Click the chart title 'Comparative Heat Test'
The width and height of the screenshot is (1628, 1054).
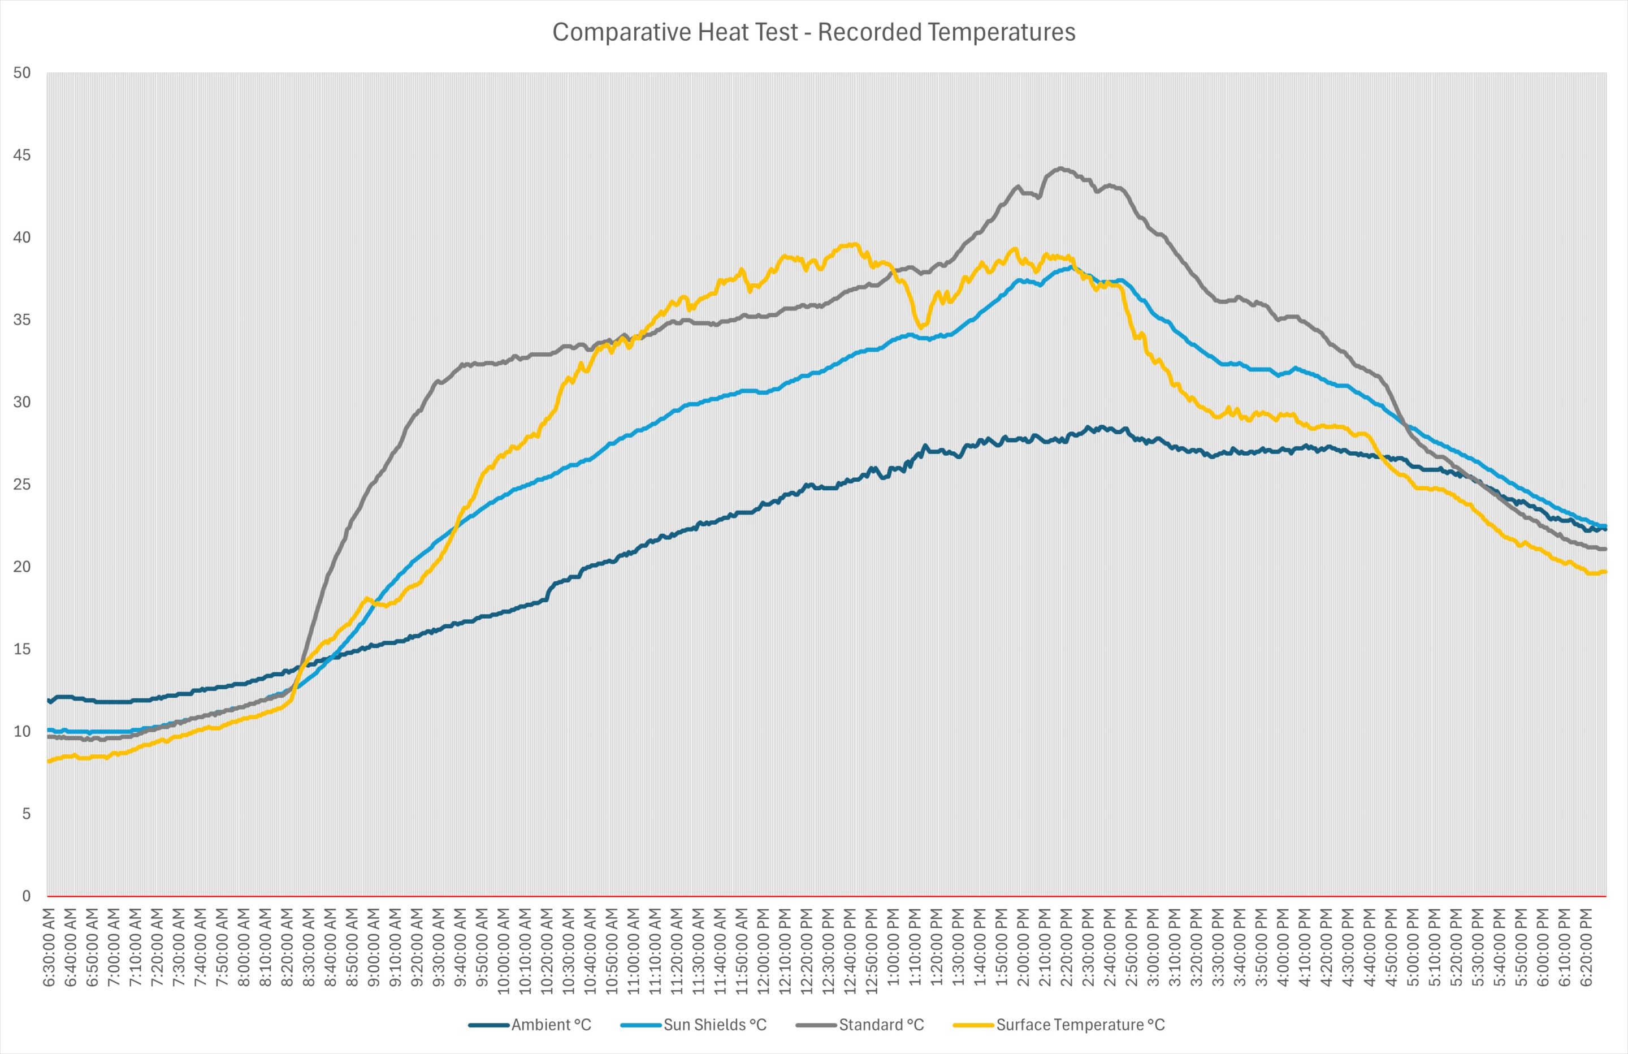point(674,32)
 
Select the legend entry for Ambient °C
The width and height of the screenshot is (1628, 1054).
point(530,1025)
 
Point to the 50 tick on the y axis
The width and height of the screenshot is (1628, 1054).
point(22,72)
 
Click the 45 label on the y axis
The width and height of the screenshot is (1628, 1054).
point(22,155)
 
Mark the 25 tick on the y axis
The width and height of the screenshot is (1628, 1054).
point(22,485)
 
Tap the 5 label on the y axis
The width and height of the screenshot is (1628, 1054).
point(26,814)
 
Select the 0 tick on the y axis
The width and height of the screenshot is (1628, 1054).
point(26,896)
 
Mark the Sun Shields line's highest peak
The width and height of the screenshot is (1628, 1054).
point(1069,267)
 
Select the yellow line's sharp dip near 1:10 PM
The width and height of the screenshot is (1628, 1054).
point(920,327)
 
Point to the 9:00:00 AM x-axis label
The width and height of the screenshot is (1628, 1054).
point(375,948)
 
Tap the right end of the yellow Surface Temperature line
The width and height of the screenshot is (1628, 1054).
point(1605,572)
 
